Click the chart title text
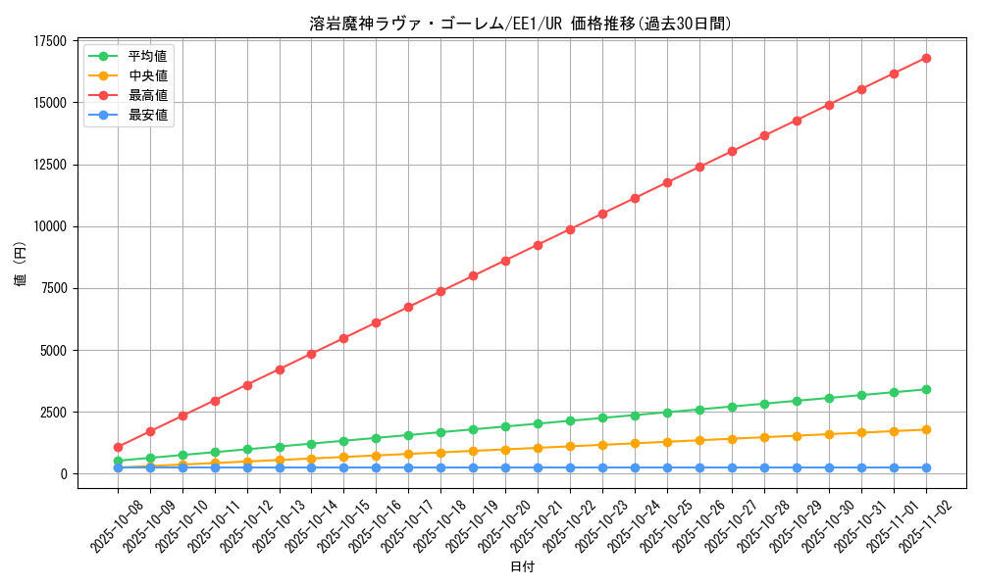[520, 24]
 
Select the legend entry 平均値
[147, 56]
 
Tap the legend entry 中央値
[147, 75]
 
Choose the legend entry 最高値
[147, 95]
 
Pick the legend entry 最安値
[147, 115]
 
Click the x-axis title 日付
[522, 567]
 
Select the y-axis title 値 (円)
[20, 265]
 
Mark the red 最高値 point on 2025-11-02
[926, 58]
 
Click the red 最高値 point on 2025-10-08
[118, 447]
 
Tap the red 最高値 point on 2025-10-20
[505, 261]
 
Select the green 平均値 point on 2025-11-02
[926, 389]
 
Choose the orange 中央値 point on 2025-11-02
[926, 429]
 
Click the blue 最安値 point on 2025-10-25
[667, 467]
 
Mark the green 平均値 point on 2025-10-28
[764, 404]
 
